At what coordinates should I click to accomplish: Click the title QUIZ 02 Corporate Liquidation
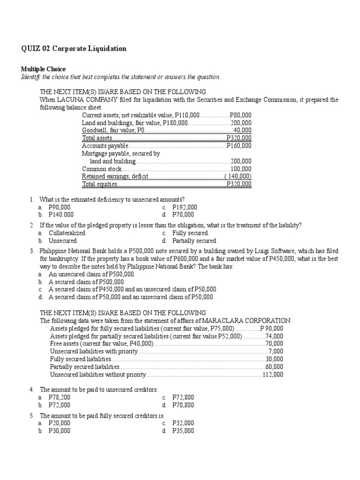tap(74, 49)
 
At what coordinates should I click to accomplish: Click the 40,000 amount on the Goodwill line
tap(242, 130)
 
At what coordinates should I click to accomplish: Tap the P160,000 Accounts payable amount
tap(239, 146)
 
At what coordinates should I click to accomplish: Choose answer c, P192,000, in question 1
tap(184, 207)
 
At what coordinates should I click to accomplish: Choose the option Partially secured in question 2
tap(195, 240)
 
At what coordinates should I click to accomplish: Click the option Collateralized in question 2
tap(67, 233)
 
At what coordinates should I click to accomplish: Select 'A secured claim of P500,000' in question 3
tap(87, 282)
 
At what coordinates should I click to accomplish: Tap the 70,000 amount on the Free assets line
tap(274, 343)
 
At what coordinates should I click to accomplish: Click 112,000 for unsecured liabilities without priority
tap(272, 375)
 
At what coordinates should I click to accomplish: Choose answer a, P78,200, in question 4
tap(60, 397)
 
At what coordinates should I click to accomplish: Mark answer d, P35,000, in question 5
tap(183, 430)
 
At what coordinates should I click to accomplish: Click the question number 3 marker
tap(32, 251)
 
